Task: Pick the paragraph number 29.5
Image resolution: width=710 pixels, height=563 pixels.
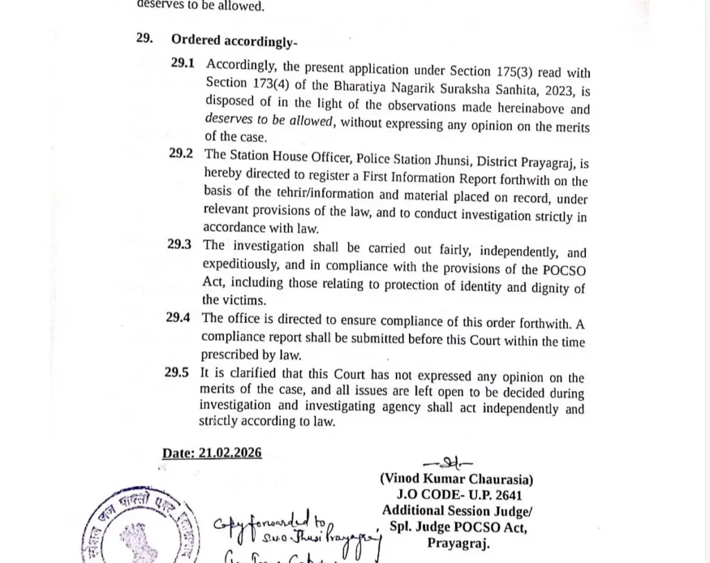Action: click(x=177, y=372)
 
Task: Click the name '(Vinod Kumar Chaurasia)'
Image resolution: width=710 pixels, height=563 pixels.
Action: click(x=456, y=479)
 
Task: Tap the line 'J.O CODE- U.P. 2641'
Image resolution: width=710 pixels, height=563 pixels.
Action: click(x=456, y=495)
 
